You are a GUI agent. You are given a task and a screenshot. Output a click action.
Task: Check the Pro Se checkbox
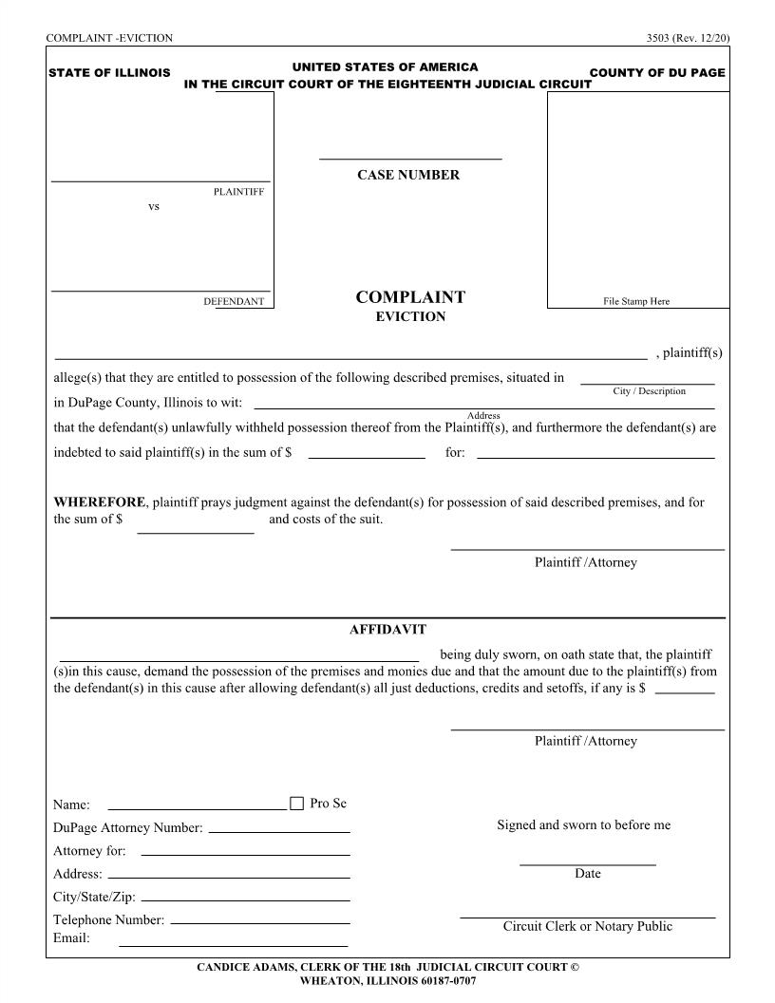296,804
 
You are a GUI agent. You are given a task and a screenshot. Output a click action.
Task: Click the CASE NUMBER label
408,175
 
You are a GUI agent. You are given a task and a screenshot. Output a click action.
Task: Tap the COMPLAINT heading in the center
410,297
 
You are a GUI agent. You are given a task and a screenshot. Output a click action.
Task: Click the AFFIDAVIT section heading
387,630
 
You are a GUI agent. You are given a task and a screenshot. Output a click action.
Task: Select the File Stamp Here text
636,301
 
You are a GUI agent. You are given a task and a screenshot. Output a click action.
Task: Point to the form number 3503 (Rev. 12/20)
688,38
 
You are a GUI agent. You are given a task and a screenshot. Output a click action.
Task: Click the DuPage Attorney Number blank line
279,829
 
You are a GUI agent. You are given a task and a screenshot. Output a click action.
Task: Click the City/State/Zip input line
245,899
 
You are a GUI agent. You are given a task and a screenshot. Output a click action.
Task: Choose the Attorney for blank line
245,853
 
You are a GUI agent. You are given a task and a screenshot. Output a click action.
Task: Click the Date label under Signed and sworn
588,874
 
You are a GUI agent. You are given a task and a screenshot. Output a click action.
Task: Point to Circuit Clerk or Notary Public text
588,927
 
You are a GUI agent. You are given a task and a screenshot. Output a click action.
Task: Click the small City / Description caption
649,391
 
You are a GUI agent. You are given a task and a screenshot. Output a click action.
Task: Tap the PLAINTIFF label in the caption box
238,192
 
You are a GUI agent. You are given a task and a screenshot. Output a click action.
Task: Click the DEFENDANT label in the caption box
234,302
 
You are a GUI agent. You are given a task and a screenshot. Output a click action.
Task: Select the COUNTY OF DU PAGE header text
657,73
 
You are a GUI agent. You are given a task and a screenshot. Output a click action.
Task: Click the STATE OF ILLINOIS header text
109,73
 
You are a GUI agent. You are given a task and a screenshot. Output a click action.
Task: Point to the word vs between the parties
154,207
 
